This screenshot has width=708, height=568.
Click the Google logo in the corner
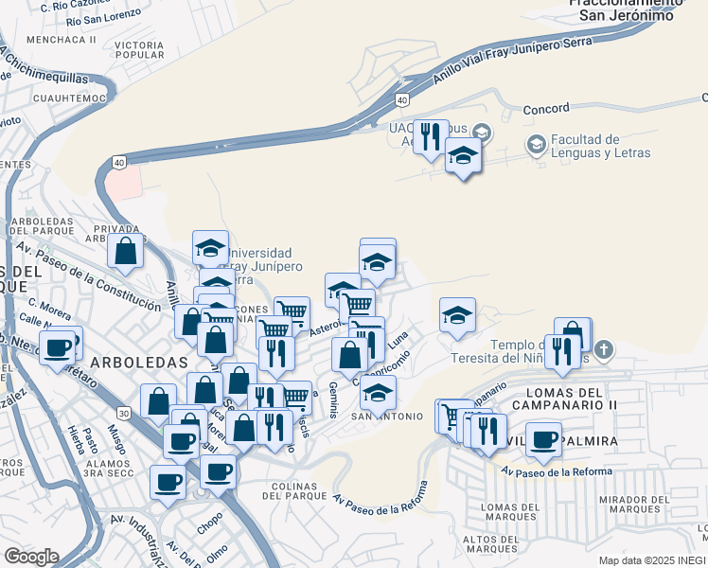[x=31, y=556]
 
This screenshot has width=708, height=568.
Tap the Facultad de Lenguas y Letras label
[x=600, y=146]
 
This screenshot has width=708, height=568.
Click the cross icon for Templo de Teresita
[x=604, y=350]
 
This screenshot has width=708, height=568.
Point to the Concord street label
[x=546, y=109]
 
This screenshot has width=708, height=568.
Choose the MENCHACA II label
[x=62, y=40]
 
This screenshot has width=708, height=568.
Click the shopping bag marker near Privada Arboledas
[x=125, y=251]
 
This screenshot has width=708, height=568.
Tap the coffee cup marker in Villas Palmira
[x=543, y=438]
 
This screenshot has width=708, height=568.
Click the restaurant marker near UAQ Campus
[x=431, y=137]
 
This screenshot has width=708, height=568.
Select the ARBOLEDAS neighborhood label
[x=139, y=363]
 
